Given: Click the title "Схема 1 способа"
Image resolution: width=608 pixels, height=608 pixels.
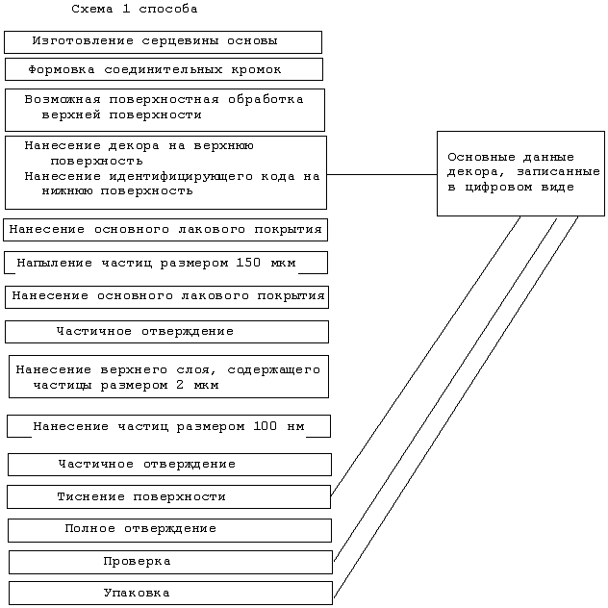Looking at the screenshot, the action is [134, 9].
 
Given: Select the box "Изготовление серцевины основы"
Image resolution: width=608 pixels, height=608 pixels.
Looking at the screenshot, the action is [163, 42].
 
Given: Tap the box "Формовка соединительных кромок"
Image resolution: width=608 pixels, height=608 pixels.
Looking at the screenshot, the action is [164, 69].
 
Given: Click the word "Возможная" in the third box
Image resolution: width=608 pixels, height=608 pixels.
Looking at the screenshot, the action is [63, 100].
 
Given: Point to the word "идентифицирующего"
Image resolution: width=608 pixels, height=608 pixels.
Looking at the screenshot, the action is [181, 176].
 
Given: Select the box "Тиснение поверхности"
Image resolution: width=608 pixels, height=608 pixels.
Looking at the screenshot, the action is [168, 496].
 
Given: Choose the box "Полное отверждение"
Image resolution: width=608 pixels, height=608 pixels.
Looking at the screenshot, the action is [169, 530].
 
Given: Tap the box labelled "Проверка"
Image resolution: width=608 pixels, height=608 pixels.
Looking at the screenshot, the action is [170, 562].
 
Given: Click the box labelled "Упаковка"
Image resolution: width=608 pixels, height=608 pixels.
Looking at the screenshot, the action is [170, 593].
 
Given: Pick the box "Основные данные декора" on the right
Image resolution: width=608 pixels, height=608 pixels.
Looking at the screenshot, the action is [520, 173].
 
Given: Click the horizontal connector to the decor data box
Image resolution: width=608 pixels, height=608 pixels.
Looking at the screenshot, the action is [382, 174].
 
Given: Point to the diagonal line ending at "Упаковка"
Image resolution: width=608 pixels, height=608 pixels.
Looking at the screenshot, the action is [456, 407].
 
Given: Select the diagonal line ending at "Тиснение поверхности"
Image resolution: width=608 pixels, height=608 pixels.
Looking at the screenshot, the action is [425, 356].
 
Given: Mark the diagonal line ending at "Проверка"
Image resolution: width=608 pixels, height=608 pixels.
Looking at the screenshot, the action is [445, 389].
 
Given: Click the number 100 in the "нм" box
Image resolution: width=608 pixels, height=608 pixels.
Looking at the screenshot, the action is [265, 426].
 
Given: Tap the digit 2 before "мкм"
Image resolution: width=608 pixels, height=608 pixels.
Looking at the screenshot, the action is [180, 385].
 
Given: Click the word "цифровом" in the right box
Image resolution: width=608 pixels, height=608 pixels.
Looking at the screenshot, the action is [498, 188].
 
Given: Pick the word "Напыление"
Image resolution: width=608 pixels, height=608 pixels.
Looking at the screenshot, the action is [55, 263].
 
